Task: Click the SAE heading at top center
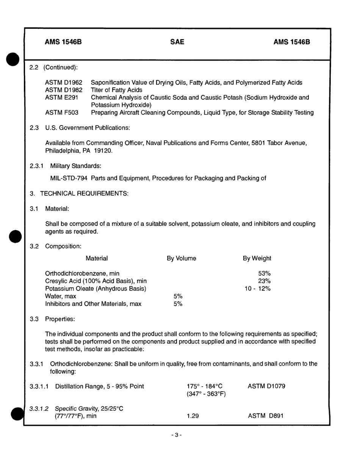pyautogui.click(x=177, y=42)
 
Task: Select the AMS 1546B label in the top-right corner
pyautogui.click(x=291, y=42)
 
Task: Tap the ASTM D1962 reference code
pyautogui.click(x=64, y=82)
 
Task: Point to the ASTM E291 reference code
pyautogui.click(x=62, y=97)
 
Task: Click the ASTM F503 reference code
pyautogui.click(x=62, y=113)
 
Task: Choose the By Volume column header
pyautogui.click(x=182, y=258)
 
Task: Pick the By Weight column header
pyautogui.click(x=257, y=258)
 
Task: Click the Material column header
pyautogui.click(x=97, y=258)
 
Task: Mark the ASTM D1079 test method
pyautogui.click(x=266, y=386)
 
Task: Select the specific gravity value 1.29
pyautogui.click(x=193, y=416)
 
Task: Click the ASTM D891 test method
pyautogui.click(x=266, y=416)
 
